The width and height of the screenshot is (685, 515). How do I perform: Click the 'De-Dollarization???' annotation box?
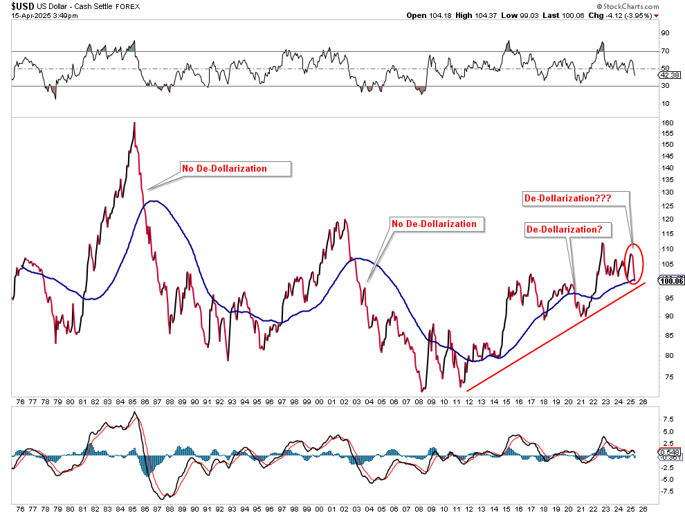click(x=567, y=198)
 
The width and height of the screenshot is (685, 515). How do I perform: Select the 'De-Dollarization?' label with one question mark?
click(x=563, y=229)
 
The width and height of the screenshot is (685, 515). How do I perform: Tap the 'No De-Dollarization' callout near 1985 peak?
click(x=223, y=168)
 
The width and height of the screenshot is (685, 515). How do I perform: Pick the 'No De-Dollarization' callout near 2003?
click(x=434, y=224)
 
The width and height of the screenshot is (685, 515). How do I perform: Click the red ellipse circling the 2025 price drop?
click(x=634, y=263)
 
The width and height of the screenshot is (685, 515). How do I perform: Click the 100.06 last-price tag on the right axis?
click(x=672, y=280)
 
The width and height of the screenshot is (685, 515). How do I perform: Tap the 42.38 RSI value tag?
click(x=671, y=74)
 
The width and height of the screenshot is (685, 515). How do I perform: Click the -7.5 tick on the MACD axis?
click(x=668, y=491)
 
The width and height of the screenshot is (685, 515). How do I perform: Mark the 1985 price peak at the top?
click(x=134, y=123)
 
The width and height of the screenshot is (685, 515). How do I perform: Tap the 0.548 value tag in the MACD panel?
click(x=670, y=452)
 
